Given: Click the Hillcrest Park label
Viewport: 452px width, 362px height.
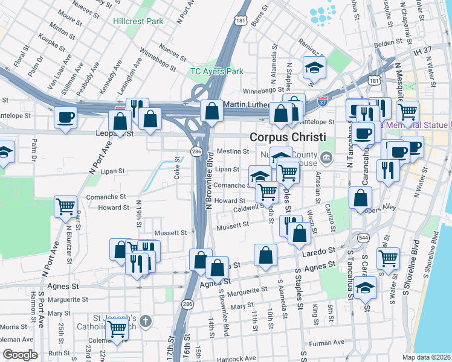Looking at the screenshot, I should pyautogui.click(x=138, y=21).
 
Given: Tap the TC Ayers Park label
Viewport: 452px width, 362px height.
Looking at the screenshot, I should pyautogui.click(x=217, y=71).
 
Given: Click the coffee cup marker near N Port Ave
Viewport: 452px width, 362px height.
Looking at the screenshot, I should pyautogui.click(x=65, y=117).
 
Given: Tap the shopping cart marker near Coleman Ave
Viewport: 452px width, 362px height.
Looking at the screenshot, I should pyautogui.click(x=116, y=329).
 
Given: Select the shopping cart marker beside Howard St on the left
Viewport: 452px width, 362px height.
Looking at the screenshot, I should pyautogui.click(x=65, y=206).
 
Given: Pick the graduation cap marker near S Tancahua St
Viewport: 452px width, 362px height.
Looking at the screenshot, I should pyautogui.click(x=366, y=287).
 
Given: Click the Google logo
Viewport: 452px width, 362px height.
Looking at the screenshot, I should pyautogui.click(x=19, y=354).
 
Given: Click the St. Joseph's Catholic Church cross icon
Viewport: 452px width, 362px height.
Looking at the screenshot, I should pyautogui.click(x=144, y=321).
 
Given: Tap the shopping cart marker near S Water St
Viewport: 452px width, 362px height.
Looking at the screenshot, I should pyautogui.click(x=387, y=258).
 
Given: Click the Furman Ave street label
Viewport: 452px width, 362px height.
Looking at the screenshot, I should pyautogui.click(x=326, y=343).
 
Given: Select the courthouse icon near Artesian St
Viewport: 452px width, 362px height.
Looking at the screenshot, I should pyautogui.click(x=327, y=159).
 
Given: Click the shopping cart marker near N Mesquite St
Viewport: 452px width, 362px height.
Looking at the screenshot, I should pyautogui.click(x=408, y=111).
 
